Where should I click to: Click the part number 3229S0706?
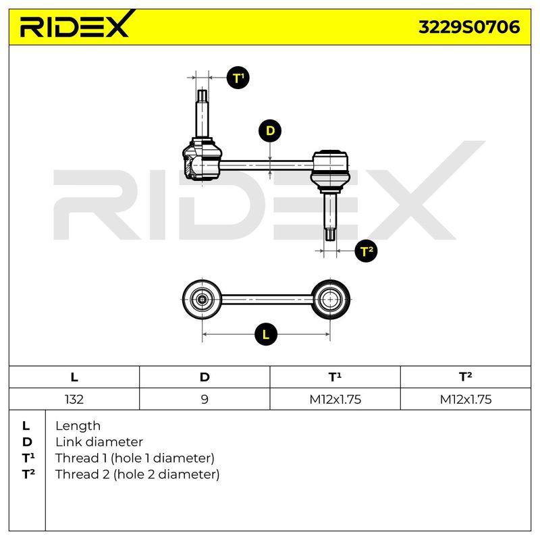[469, 27]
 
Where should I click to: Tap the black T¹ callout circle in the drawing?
[238, 78]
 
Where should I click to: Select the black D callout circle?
[270, 131]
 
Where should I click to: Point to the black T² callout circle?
[366, 250]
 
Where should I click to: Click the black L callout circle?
[266, 334]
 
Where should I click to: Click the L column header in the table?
[74, 377]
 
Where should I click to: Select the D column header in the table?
[205, 377]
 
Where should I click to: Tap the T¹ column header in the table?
[335, 377]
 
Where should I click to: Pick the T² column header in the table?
[465, 377]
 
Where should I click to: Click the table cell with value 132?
[74, 399]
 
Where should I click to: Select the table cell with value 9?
[205, 399]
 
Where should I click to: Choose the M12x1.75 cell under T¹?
[335, 399]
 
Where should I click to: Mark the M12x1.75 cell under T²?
[466, 399]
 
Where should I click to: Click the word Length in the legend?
[78, 427]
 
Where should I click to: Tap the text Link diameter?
[99, 442]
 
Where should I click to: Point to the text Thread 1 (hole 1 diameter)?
[134, 458]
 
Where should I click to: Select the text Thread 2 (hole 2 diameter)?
[137, 475]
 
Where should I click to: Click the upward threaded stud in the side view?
[202, 113]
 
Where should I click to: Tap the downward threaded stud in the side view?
[330, 216]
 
